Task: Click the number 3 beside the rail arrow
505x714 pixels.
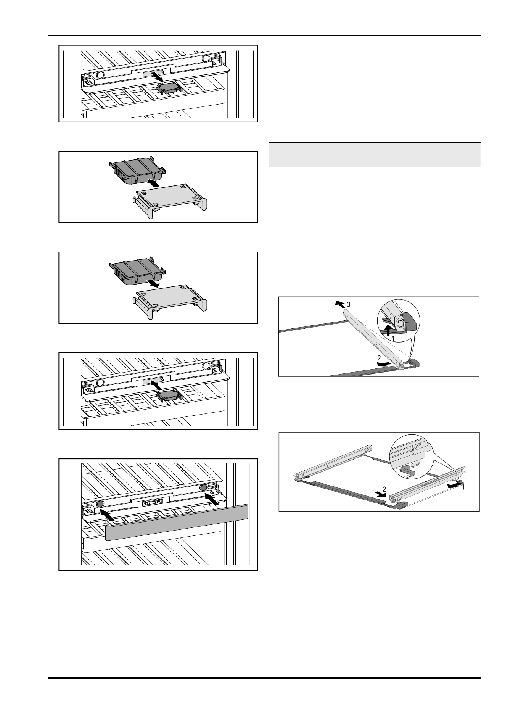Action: (347, 305)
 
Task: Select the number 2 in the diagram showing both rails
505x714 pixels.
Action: (385, 489)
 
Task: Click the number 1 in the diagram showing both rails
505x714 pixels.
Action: (463, 487)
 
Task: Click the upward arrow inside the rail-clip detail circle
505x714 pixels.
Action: (388, 330)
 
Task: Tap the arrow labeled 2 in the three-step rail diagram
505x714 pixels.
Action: (383, 364)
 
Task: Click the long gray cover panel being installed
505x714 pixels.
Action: (177, 523)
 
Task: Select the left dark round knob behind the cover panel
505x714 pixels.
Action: (100, 503)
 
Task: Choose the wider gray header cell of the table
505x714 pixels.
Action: (418, 154)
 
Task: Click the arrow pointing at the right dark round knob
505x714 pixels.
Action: (212, 499)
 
